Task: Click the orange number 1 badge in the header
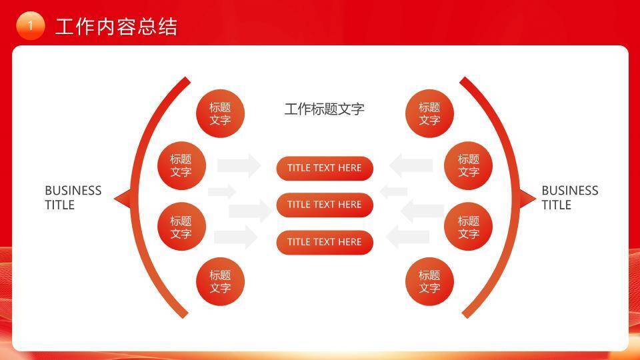point(30,26)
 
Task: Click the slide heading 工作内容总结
point(116,27)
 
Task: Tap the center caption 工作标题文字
point(324,109)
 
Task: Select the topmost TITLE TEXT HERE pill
point(325,168)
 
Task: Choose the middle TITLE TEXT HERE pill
point(325,205)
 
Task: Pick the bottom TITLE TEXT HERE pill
point(325,242)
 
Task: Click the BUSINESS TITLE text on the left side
point(73,198)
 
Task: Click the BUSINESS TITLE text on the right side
point(569,198)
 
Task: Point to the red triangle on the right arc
point(527,198)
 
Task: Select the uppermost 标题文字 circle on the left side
point(220,114)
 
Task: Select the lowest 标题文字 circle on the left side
point(220,281)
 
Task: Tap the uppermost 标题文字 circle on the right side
point(429,114)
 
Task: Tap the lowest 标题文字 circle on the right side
point(429,281)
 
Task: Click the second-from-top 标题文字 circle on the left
point(181,166)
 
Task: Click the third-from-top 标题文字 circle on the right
point(468,227)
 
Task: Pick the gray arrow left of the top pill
point(239,165)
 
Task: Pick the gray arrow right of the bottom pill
point(408,237)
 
